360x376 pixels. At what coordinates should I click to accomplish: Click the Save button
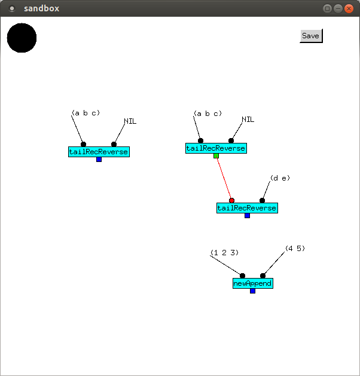point(310,36)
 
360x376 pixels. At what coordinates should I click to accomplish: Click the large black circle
point(22,38)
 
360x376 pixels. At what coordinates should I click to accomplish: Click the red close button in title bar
point(349,8)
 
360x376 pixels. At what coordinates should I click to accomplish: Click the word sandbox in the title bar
point(41,8)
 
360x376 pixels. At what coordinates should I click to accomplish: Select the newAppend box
point(252,283)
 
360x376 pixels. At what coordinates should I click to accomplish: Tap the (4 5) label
point(295,248)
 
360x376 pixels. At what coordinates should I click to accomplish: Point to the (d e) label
point(280,178)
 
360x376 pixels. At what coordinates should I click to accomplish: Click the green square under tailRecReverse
point(216,155)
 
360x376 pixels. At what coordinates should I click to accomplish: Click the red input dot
point(231,200)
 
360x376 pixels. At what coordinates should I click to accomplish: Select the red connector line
point(224,178)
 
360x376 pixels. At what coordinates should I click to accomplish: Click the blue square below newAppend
point(252,291)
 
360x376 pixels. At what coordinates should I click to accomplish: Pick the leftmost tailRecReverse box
point(99,152)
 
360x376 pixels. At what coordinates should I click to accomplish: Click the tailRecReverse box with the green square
point(216,148)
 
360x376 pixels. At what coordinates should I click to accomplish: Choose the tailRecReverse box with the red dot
point(247,208)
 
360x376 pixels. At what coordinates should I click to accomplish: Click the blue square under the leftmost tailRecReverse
point(99,159)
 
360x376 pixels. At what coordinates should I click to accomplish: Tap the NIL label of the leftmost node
point(130,121)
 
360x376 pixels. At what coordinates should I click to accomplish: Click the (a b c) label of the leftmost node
point(86,113)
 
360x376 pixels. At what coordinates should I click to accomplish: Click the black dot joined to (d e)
point(262,200)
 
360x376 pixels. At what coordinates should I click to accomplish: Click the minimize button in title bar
point(338,8)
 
